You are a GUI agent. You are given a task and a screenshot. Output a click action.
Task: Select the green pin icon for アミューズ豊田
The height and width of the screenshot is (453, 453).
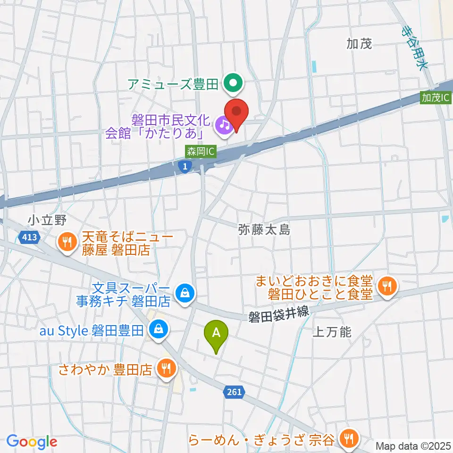pyautogui.click(x=233, y=84)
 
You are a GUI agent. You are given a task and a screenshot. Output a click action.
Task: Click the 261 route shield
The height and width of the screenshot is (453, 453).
pyautogui.click(x=234, y=392)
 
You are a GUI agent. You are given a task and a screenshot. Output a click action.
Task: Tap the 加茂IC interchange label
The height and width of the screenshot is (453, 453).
pyautogui.click(x=435, y=98)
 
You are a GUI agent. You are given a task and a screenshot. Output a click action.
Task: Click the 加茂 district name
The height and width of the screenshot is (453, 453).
pyautogui.click(x=359, y=44)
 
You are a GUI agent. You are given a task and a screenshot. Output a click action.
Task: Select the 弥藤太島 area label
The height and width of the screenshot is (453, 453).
pyautogui.click(x=264, y=230)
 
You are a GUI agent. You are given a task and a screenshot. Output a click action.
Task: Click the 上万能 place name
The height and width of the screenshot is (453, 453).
pyautogui.click(x=332, y=332)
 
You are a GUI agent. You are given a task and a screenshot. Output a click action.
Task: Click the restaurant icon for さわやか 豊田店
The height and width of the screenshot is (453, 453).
pyautogui.click(x=166, y=368)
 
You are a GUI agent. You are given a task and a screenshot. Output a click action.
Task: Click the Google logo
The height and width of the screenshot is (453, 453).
pyautogui.click(x=32, y=442)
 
